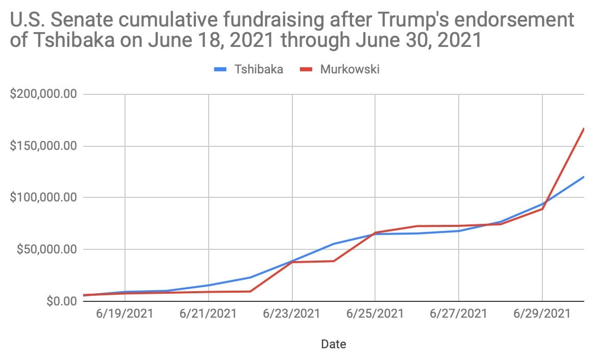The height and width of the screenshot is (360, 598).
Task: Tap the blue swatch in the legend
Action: point(220,69)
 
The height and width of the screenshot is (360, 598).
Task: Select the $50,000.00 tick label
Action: point(46,249)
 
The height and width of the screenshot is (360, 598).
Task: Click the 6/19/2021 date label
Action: point(124,313)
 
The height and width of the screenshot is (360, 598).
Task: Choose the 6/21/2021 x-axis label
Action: point(208,313)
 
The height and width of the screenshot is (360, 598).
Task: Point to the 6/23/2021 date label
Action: point(291,313)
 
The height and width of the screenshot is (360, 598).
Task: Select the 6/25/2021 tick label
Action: point(375,313)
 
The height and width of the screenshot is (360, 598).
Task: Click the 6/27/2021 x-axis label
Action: point(458,313)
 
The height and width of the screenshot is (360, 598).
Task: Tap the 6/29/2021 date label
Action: point(542,313)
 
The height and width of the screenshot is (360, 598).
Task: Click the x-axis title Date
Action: point(333,344)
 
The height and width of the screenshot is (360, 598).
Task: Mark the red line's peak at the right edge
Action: point(583,128)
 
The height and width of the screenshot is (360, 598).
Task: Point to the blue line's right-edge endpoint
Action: point(583,177)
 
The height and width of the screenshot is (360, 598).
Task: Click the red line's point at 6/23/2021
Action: point(292,262)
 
